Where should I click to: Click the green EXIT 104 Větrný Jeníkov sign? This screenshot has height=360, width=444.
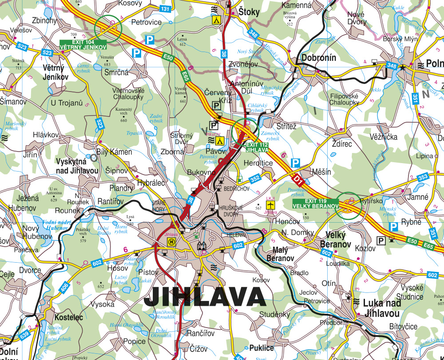(83, 44)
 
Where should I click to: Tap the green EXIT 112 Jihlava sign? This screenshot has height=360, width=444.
(257, 147)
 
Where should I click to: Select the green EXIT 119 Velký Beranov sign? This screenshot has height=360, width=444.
(315, 204)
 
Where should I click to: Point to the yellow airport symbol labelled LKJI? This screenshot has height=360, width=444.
(270, 205)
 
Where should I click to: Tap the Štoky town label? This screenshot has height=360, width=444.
(249, 12)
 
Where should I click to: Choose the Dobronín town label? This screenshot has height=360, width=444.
(318, 58)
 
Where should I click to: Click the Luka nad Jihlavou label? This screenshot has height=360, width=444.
(381, 308)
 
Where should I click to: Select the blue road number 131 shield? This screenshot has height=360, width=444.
(165, 9)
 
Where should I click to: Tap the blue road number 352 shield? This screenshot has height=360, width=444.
(255, 179)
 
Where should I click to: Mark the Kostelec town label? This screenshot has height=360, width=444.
(69, 318)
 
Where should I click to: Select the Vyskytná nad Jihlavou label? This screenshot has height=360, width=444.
(77, 166)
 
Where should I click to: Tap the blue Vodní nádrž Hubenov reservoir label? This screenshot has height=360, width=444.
(55, 224)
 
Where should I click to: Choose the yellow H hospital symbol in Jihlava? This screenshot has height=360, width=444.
(170, 241)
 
